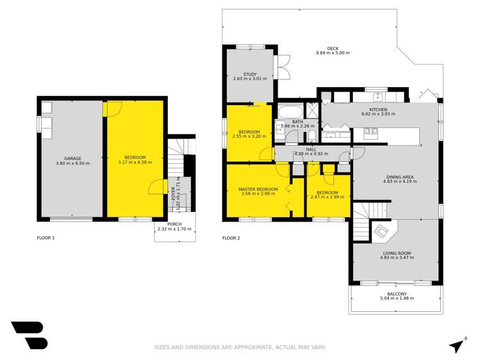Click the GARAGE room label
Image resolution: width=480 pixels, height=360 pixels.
72,158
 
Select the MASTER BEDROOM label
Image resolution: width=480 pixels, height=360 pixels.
258,190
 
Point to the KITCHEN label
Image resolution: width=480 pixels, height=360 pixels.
378,109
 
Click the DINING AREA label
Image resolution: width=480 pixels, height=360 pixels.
395,177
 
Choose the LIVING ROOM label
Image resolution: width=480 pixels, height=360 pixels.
395,252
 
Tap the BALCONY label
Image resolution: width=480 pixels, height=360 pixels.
397,293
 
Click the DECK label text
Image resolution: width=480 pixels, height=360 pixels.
332,48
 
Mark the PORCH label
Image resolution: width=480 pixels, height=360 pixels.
174,224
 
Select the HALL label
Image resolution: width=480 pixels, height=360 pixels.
311,149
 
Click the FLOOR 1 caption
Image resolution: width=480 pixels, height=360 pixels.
46,238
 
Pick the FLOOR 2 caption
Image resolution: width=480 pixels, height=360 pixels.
231,238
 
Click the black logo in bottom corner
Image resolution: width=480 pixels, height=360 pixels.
29,335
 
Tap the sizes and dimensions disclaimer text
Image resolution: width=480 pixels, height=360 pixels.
240,347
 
